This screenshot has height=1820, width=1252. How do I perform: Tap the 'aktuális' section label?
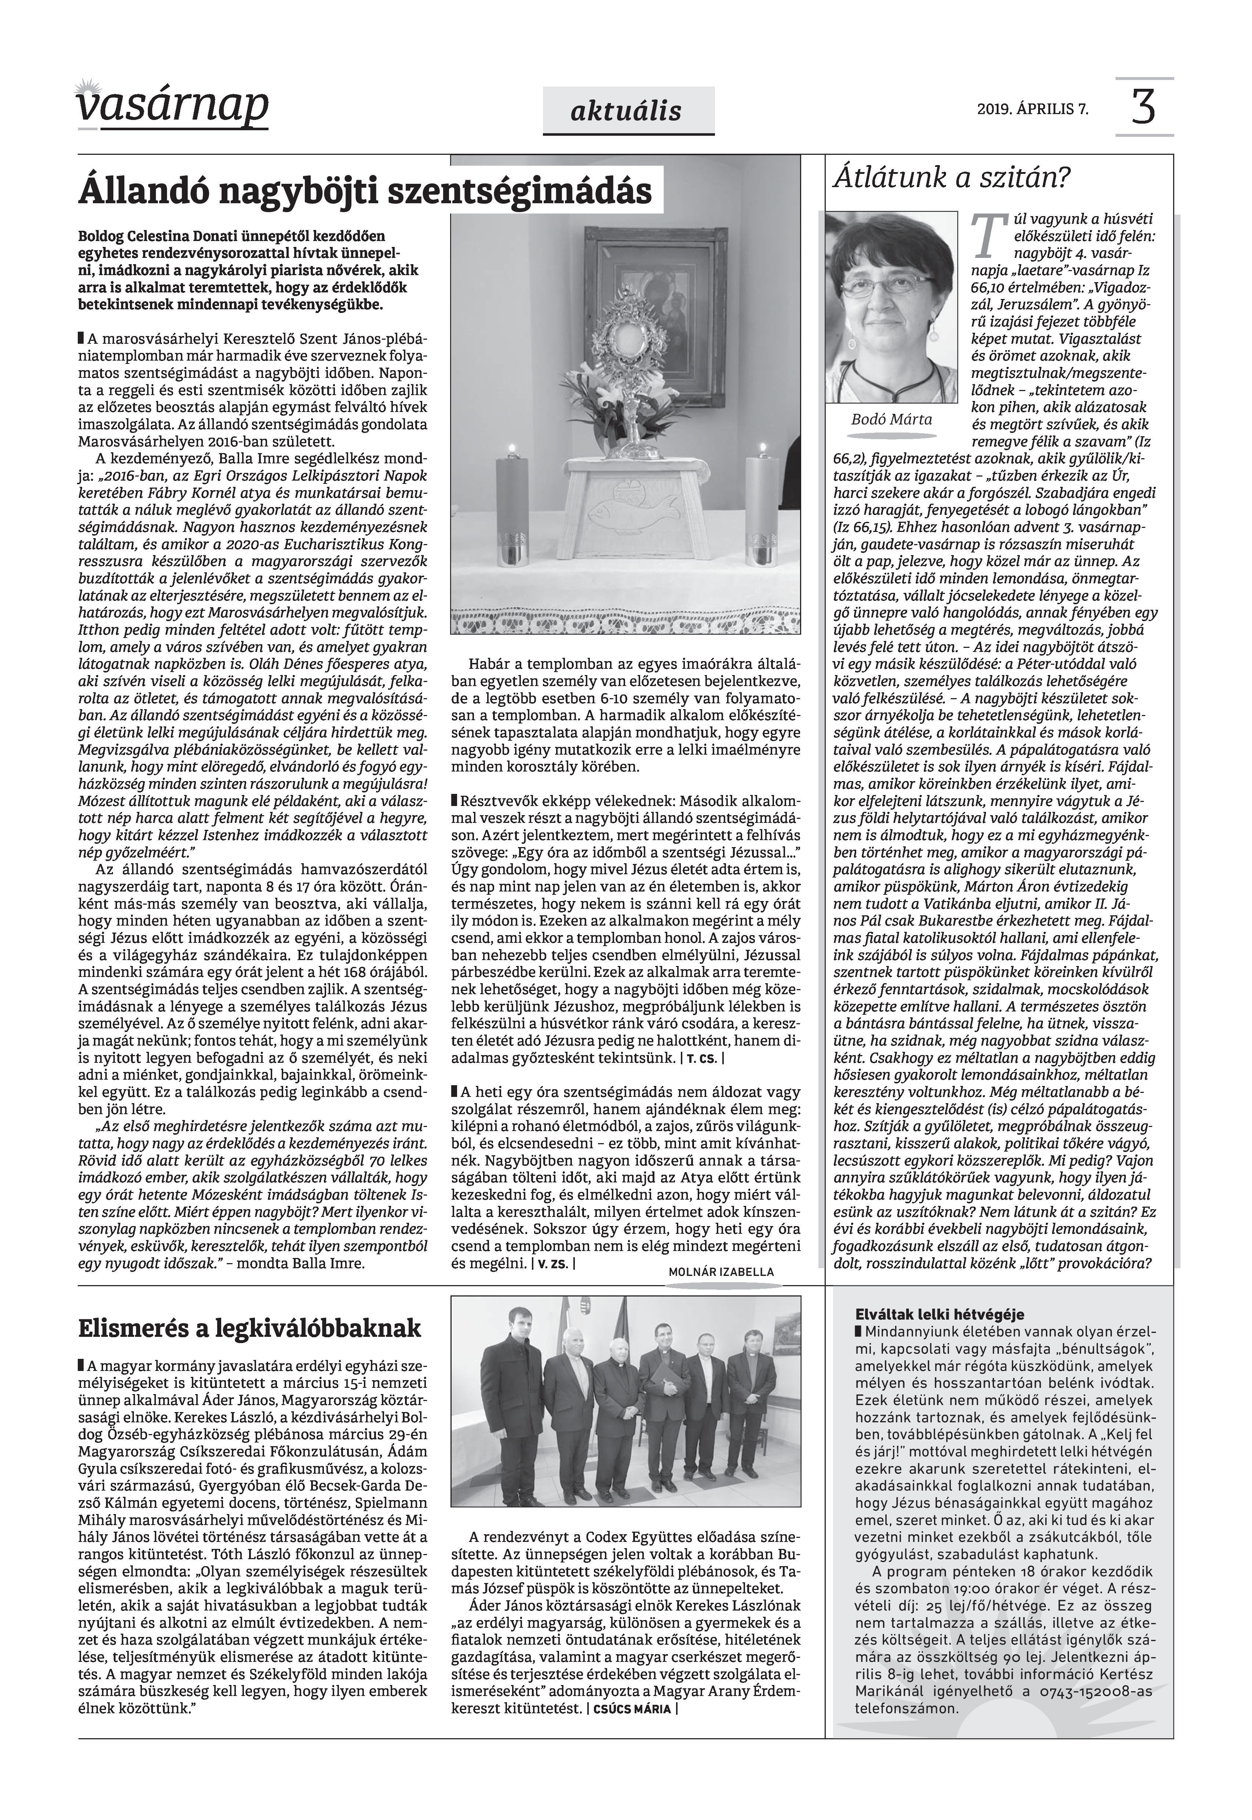(x=628, y=112)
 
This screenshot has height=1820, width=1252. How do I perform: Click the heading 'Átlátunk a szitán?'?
(x=951, y=178)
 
